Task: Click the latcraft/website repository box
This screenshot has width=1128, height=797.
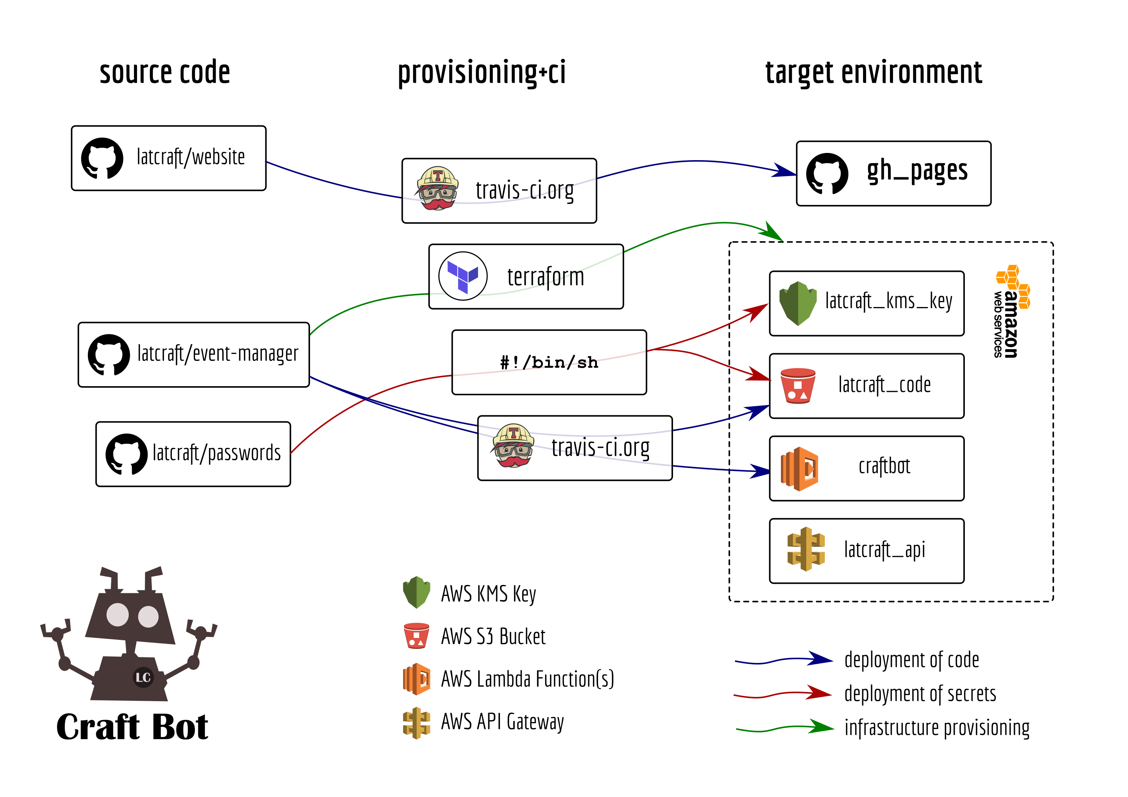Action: (x=168, y=158)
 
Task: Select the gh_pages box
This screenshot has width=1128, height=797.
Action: (x=893, y=173)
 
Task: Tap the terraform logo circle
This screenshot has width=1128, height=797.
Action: (x=463, y=276)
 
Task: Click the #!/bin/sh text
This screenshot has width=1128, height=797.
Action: (x=549, y=363)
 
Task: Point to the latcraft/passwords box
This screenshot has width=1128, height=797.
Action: (x=193, y=454)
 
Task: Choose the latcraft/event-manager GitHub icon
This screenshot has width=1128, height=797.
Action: (x=109, y=355)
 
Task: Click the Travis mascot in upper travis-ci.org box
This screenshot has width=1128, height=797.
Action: (x=437, y=189)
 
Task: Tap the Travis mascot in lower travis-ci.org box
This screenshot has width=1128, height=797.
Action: (x=513, y=446)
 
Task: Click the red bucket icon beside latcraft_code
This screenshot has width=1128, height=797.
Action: (x=798, y=386)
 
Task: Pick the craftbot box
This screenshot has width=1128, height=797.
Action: (x=867, y=468)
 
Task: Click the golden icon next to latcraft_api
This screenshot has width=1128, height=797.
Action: (x=806, y=549)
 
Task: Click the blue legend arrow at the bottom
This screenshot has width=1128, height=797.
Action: (x=783, y=660)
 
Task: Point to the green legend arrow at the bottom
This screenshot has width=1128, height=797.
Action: (x=785, y=728)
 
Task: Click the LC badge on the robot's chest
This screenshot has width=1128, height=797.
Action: (x=143, y=678)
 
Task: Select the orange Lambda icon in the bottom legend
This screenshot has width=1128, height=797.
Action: (x=417, y=679)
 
